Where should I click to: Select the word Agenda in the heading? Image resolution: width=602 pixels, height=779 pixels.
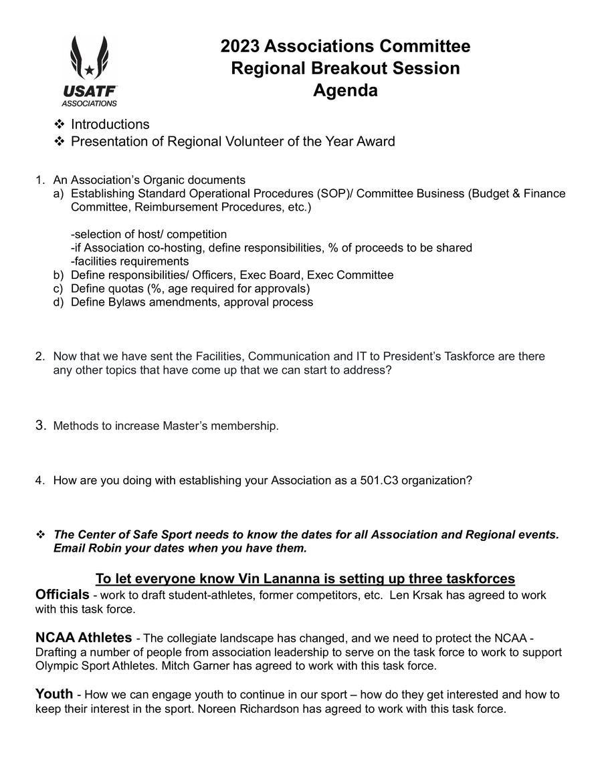coord(345,90)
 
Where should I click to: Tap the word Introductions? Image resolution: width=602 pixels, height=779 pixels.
coord(110,124)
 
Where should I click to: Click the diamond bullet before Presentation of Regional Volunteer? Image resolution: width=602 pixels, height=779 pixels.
coord(58,142)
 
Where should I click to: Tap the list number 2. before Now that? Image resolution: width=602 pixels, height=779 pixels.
coord(40,356)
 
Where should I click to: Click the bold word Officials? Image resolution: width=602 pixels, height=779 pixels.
coord(62,594)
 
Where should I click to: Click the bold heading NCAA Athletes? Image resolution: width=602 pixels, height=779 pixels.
coord(83,637)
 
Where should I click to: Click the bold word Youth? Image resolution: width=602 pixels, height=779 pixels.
coord(54,694)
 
